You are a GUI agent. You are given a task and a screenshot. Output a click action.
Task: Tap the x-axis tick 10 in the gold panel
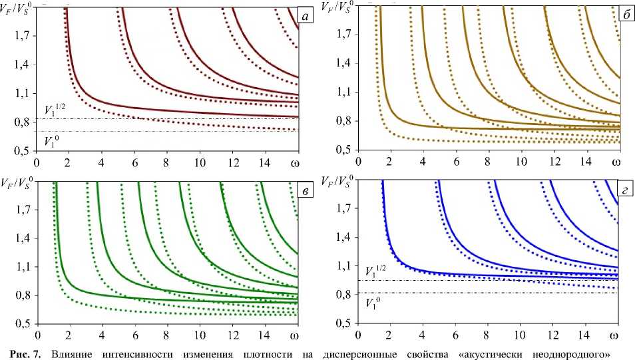(x=521, y=162)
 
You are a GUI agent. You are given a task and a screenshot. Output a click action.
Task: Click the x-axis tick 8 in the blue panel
(x=487, y=335)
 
